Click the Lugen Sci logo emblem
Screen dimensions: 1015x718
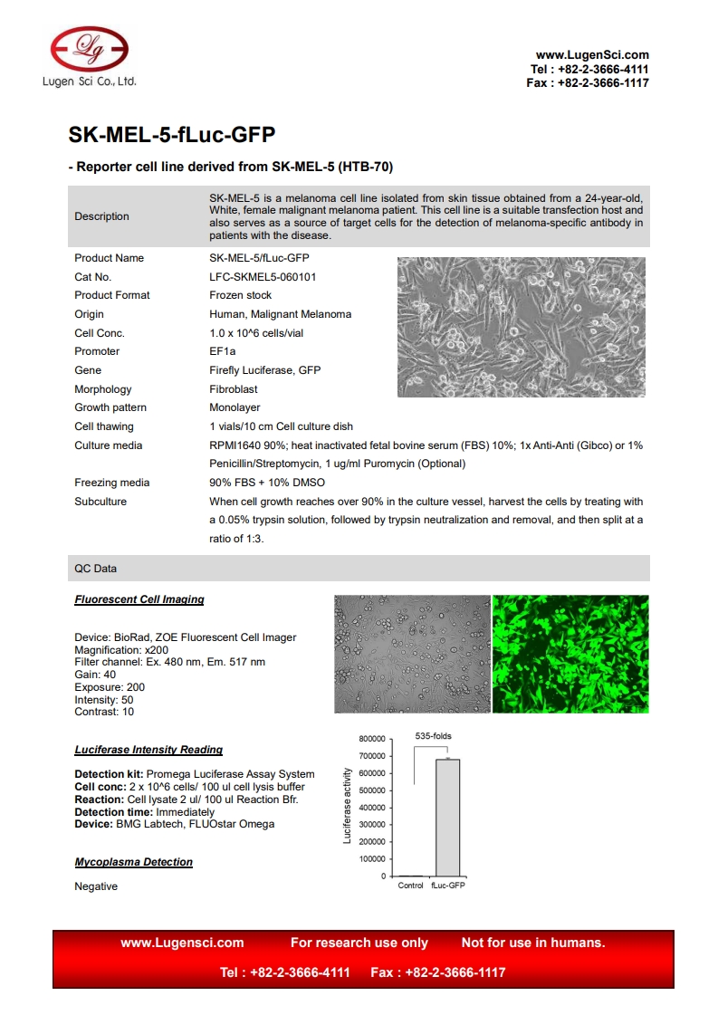tap(89, 48)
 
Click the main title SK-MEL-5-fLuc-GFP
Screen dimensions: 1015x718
tap(172, 135)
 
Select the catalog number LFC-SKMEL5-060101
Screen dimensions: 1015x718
tap(263, 277)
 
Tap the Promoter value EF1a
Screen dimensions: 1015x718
tap(222, 351)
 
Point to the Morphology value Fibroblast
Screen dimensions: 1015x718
tap(234, 389)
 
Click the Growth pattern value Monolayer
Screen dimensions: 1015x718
tap(235, 407)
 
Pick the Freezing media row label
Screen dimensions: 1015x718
tap(112, 483)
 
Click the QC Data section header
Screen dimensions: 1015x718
tap(96, 569)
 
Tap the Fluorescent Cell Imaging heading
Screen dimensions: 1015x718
tap(139, 599)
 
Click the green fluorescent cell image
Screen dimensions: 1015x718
tap(570, 654)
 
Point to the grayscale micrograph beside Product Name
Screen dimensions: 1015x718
tap(522, 327)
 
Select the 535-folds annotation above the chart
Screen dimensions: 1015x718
tap(433, 736)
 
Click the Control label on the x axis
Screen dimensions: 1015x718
tap(411, 886)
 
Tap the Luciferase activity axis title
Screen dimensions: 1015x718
tap(348, 806)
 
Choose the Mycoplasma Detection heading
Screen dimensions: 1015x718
tap(133, 862)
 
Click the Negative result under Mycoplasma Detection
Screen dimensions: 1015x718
tap(96, 886)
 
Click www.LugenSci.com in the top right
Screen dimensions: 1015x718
tap(592, 55)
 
